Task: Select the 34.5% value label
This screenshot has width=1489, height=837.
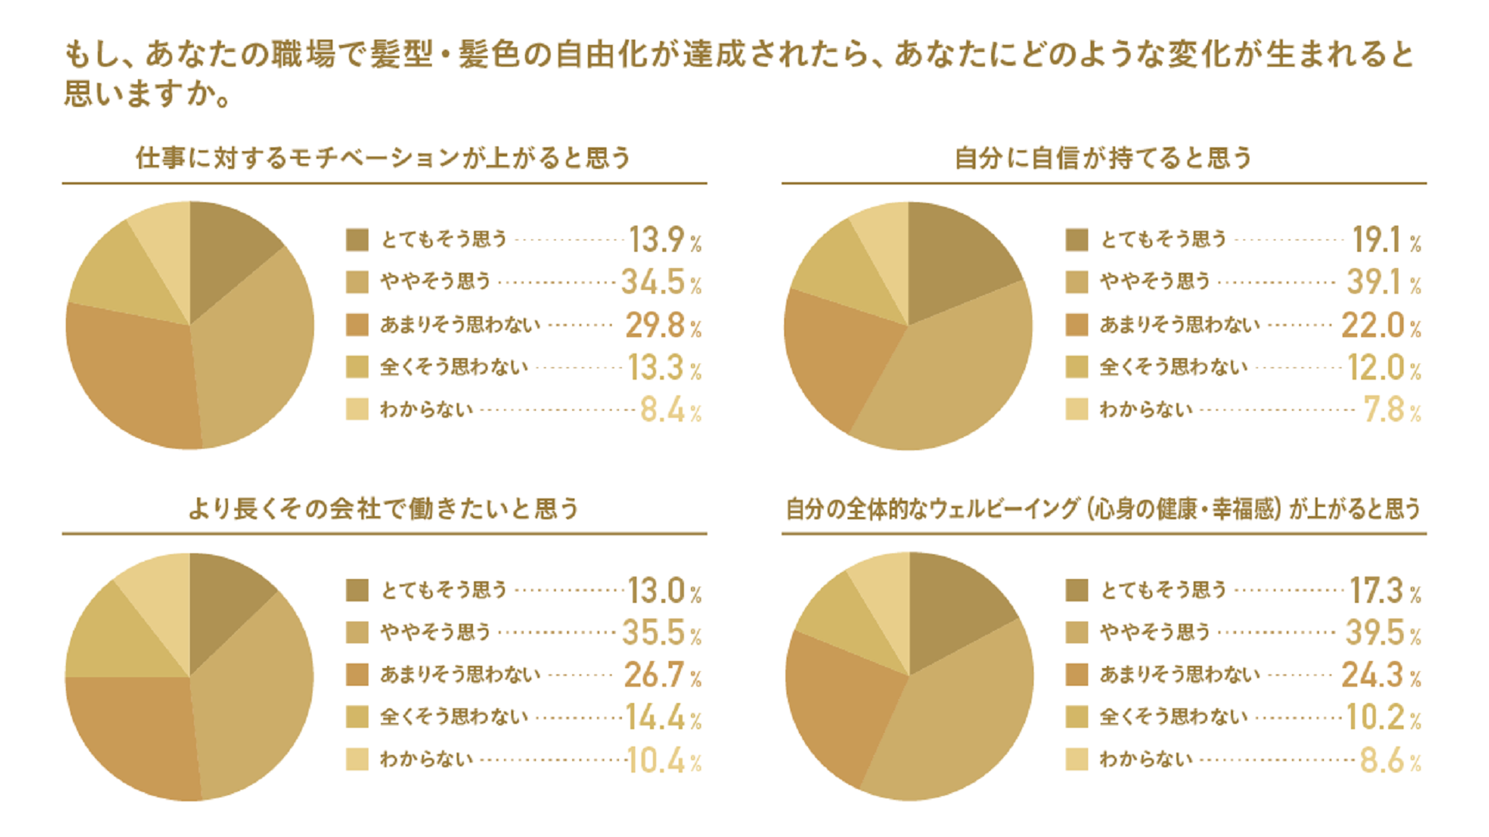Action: click(661, 282)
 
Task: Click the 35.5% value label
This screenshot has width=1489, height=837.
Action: click(661, 633)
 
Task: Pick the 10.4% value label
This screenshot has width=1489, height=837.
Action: click(664, 761)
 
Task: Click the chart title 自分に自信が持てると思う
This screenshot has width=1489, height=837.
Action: click(1103, 158)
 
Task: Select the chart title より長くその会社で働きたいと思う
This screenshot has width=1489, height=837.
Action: click(384, 509)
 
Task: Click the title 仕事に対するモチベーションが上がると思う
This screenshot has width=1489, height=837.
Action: click(383, 158)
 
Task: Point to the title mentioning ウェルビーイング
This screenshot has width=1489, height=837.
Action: click(1103, 509)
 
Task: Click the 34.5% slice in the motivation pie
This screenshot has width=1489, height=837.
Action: click(256, 349)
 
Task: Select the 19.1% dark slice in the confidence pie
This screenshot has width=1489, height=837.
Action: click(954, 263)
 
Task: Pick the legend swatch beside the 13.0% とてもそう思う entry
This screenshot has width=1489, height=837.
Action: click(358, 591)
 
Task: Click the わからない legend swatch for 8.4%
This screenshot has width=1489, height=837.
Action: click(358, 409)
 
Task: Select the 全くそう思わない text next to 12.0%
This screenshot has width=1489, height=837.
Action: click(1173, 367)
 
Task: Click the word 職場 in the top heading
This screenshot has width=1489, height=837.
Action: click(304, 54)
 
